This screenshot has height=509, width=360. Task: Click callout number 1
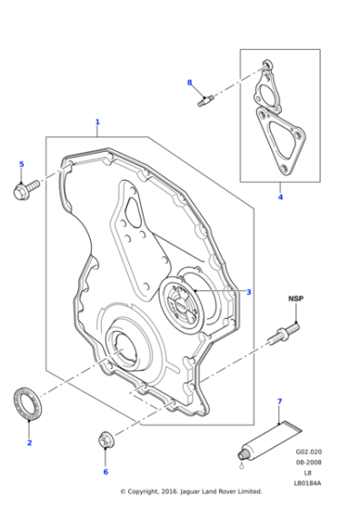point(97,121)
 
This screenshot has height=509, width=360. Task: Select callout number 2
point(30,443)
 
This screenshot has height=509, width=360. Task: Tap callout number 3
point(248,292)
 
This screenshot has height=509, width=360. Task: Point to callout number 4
point(280,197)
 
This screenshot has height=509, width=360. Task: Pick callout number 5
point(22,165)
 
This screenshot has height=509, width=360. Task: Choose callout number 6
point(105,472)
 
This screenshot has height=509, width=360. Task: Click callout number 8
point(190,83)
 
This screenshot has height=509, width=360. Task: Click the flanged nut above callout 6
point(105,442)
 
